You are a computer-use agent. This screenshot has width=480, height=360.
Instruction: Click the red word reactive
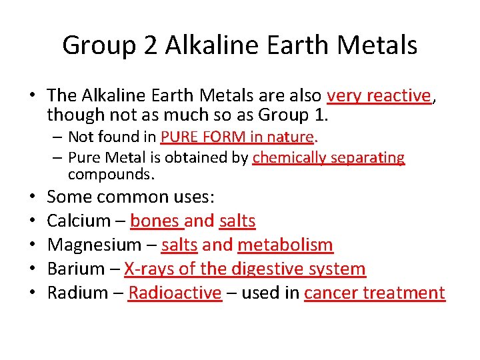pyautogui.click(x=399, y=96)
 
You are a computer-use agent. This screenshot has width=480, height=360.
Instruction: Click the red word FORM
pyautogui.click(x=225, y=137)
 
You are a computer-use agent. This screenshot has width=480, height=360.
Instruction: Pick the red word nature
pyautogui.click(x=290, y=137)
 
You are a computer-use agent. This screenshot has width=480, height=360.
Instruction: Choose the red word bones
pyautogui.click(x=155, y=221)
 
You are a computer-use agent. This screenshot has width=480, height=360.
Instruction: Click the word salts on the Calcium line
pyautogui.click(x=237, y=221)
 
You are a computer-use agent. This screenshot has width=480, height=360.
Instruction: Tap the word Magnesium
pyautogui.click(x=95, y=245)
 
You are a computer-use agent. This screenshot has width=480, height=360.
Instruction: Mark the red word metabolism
pyautogui.click(x=285, y=245)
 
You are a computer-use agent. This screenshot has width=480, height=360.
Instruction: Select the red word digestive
pyautogui.click(x=268, y=269)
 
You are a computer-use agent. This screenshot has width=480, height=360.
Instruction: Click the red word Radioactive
pyautogui.click(x=175, y=293)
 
